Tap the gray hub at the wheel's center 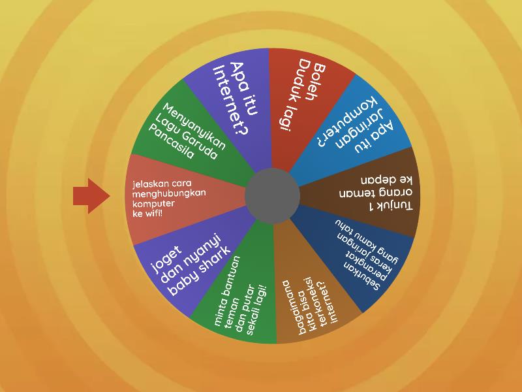[x=272, y=196]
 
